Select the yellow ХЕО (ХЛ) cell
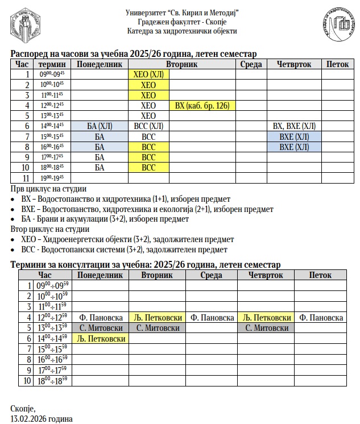[148, 74]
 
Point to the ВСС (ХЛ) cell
[148, 126]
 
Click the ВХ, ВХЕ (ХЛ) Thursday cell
[294, 126]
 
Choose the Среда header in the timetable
[251, 64]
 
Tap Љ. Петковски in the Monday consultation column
[100, 338]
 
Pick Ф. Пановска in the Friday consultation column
[321, 318]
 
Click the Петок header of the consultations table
[321, 275]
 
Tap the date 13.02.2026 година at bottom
[42, 419]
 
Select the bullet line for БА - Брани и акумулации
[104, 219]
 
